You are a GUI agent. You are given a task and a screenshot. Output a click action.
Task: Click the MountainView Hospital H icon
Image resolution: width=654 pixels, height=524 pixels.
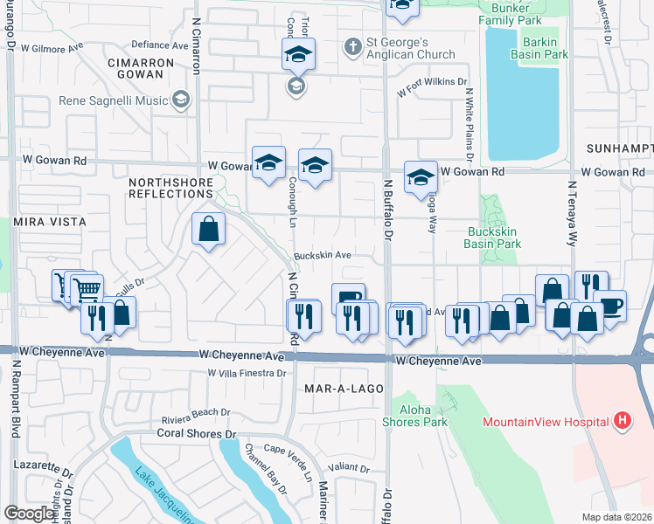(x=622, y=422)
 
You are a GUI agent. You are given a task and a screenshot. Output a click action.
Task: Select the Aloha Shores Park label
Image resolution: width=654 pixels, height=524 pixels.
(x=414, y=415)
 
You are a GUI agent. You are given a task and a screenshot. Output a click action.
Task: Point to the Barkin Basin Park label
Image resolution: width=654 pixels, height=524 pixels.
(x=545, y=47)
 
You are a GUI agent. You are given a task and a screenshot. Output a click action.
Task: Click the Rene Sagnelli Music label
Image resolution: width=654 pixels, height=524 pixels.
(x=114, y=100)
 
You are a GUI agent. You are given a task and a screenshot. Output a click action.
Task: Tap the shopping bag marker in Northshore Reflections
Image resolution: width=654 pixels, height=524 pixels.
(x=209, y=230)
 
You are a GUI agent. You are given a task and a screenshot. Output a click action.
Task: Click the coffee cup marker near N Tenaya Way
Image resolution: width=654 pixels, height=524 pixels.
(x=610, y=306)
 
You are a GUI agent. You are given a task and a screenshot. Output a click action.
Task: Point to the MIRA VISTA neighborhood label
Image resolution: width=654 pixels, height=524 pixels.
(x=50, y=223)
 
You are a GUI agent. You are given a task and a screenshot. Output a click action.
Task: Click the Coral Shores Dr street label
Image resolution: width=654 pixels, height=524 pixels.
(x=198, y=432)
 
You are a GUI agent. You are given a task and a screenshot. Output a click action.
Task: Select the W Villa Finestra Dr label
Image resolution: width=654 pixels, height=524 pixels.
(x=247, y=373)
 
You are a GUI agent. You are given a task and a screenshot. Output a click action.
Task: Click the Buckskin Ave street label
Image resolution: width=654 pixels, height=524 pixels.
(x=323, y=256)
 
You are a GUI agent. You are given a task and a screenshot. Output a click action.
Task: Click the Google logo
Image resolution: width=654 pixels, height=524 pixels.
(x=30, y=514)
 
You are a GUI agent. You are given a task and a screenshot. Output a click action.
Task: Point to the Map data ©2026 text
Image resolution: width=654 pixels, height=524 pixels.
(x=617, y=517)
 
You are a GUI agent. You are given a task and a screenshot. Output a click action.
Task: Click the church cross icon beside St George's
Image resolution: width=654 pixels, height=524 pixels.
(x=352, y=45)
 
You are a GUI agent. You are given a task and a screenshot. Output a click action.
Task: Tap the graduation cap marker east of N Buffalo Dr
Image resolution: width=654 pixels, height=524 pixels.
(x=421, y=176)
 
